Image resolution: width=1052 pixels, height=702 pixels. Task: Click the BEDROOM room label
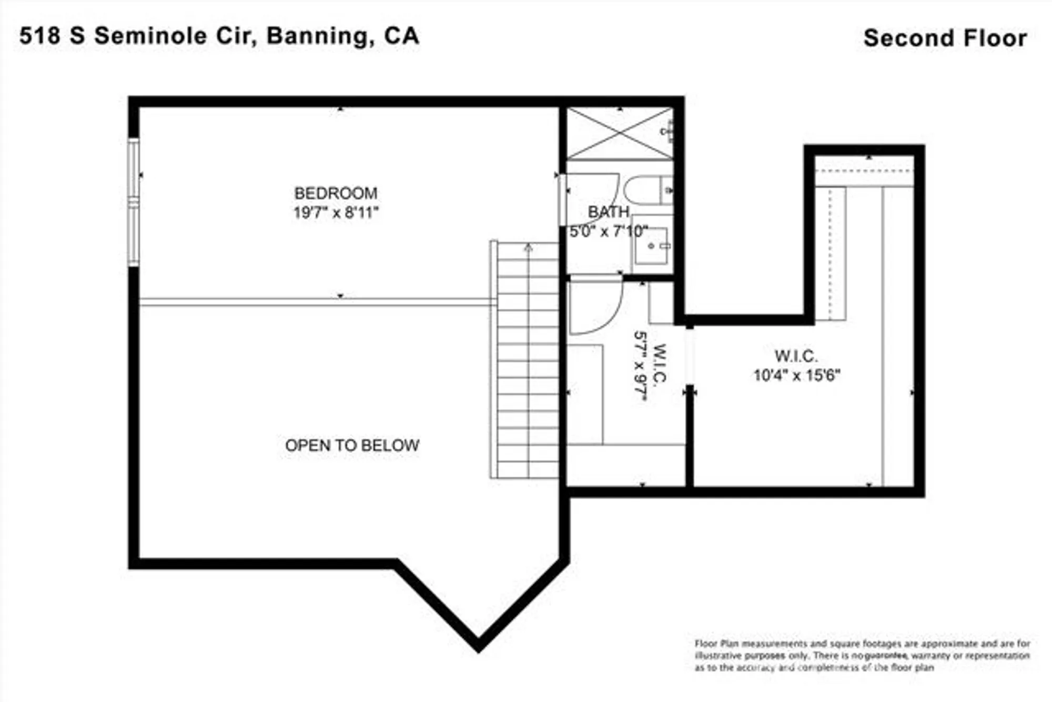[x=336, y=193]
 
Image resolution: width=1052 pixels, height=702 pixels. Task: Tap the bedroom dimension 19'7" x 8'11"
[x=336, y=213]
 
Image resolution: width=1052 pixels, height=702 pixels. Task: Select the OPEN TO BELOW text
[x=352, y=445]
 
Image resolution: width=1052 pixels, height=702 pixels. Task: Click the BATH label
[x=609, y=212]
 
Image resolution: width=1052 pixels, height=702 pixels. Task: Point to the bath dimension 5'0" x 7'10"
[x=609, y=231]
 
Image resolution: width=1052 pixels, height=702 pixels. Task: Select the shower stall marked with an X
[x=619, y=134]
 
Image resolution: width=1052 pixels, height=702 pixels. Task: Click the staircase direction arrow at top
[x=528, y=247]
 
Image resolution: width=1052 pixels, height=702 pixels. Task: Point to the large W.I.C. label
[x=796, y=356]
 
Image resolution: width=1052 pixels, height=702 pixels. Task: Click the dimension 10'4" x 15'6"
[x=796, y=375]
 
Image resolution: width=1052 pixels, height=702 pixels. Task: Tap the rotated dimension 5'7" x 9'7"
[x=640, y=366]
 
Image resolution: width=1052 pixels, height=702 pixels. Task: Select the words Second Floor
[x=945, y=38]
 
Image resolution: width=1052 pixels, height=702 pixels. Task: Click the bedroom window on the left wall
[x=134, y=203]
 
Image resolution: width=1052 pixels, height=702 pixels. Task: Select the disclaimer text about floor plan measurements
[x=862, y=656]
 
